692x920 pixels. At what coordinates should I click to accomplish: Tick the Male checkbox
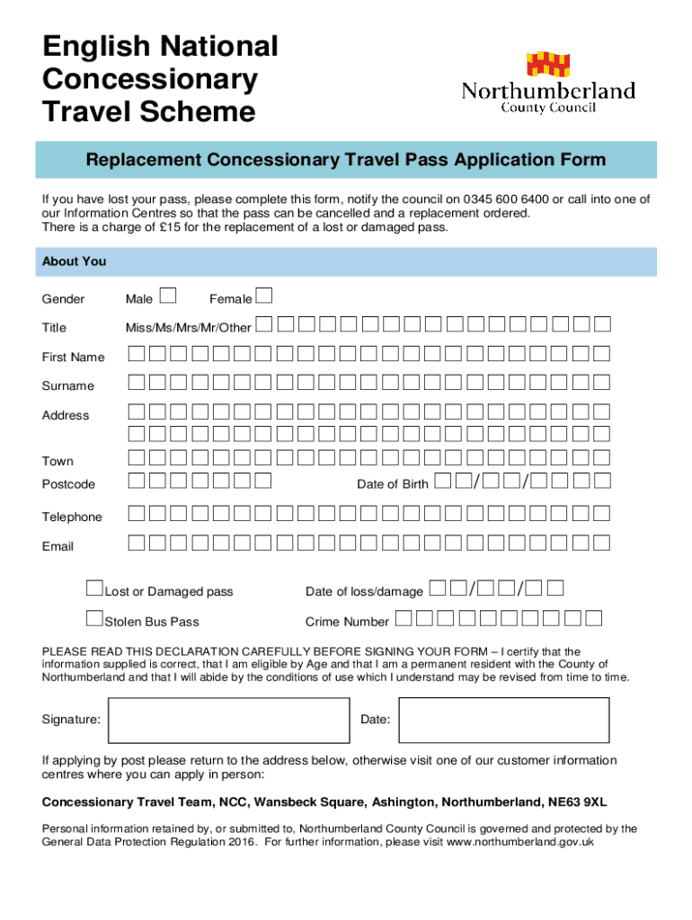click(168, 296)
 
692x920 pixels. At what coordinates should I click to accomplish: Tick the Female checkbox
click(264, 296)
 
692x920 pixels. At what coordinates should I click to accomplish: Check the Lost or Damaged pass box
click(94, 588)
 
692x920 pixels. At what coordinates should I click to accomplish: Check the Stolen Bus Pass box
click(94, 618)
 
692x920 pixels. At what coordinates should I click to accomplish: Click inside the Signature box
click(226, 720)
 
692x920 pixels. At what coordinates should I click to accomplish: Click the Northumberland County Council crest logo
click(547, 64)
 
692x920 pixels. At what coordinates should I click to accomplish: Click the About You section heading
click(74, 261)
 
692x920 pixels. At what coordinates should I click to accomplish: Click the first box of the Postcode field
click(136, 480)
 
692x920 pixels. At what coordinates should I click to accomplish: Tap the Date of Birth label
click(393, 484)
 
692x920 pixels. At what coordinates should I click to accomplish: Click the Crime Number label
click(347, 622)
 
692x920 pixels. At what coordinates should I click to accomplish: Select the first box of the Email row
click(136, 542)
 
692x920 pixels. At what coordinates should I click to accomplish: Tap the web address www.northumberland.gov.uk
click(520, 843)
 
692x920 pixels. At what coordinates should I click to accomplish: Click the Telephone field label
click(72, 517)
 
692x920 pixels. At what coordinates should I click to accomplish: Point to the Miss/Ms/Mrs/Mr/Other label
click(188, 328)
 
